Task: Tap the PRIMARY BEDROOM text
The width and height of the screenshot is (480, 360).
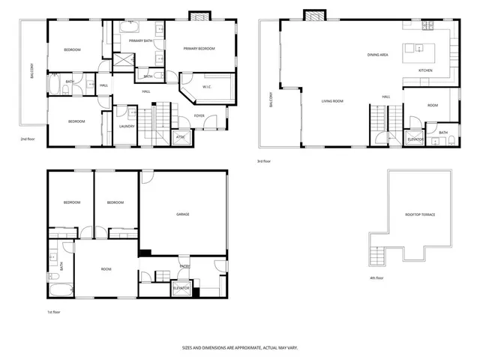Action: click(199, 49)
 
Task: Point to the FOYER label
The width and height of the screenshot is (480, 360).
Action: click(199, 115)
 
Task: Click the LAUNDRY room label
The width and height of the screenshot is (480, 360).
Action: click(127, 126)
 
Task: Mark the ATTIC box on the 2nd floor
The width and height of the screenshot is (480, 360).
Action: click(181, 136)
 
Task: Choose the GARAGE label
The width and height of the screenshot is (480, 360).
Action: click(182, 214)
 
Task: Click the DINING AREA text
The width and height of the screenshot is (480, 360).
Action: click(377, 55)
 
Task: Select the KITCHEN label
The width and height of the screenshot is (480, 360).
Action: click(425, 70)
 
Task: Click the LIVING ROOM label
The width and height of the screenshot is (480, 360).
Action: click(333, 100)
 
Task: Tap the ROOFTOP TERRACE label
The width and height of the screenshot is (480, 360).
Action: click(420, 214)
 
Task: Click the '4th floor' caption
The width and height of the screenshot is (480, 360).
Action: click(376, 277)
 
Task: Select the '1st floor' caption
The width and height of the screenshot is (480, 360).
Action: click(53, 310)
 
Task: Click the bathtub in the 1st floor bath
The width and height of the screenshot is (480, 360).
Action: click(58, 288)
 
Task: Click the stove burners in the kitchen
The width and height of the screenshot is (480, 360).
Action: click(427, 26)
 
